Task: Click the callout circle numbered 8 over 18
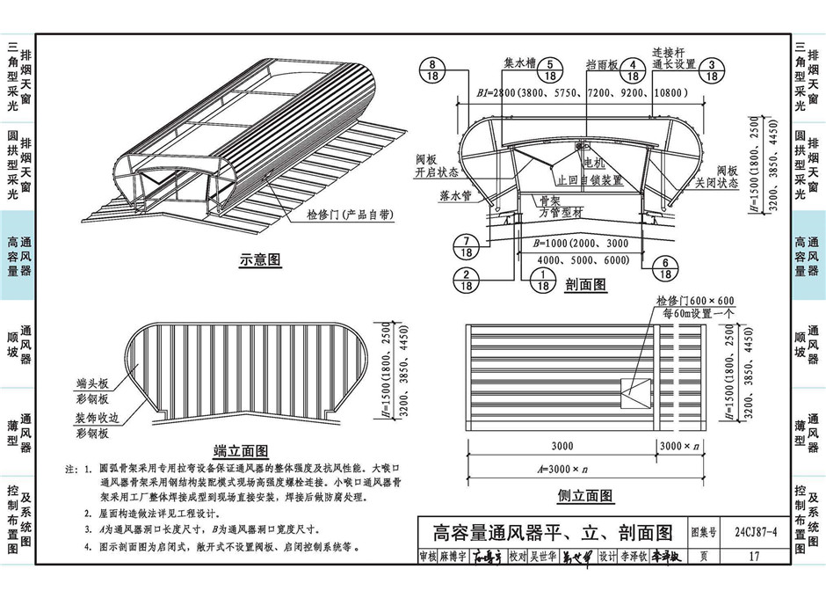coord(433,69)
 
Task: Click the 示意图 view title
coord(259,260)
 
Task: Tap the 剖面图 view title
coord(585,285)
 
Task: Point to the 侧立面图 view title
coord(585,496)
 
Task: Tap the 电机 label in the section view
coord(592,163)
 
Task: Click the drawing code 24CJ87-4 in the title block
coord(735,532)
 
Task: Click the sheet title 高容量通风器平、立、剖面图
coord(553,532)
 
